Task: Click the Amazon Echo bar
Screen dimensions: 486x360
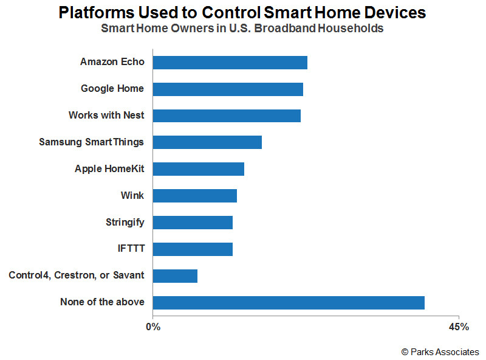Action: pos(230,63)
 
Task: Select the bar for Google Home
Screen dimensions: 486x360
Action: pos(228,89)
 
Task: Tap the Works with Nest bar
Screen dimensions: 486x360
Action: pos(227,116)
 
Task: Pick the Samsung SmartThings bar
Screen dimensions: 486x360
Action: pos(207,142)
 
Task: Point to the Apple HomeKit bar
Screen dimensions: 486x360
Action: pos(199,169)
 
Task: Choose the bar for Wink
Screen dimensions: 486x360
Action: pos(195,196)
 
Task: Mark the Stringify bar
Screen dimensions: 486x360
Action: pos(193,223)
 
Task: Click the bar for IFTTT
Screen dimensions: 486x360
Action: pos(193,249)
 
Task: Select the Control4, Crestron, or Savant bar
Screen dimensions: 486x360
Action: pos(175,276)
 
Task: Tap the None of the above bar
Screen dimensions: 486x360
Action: pos(289,303)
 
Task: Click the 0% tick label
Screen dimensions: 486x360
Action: pos(153,327)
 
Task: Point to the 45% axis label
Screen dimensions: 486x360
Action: pos(459,327)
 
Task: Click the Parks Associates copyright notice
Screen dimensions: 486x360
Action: pos(440,352)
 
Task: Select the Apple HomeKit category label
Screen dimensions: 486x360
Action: pos(109,169)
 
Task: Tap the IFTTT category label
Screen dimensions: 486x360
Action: pos(131,249)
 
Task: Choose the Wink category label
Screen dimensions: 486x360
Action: pos(132,196)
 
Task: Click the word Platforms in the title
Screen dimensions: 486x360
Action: pos(97,13)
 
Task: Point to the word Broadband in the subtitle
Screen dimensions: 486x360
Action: pos(284,28)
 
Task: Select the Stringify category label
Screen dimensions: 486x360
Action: pos(125,223)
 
